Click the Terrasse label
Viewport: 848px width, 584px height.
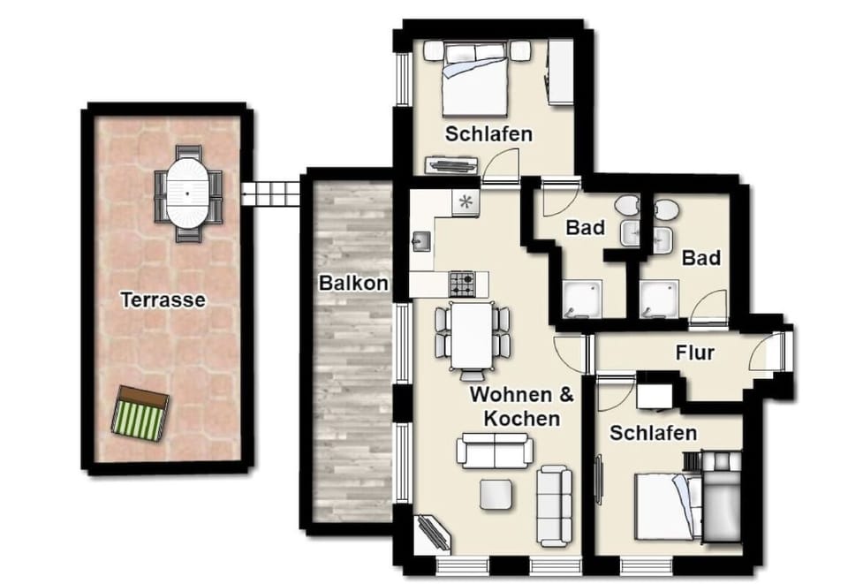point(163,300)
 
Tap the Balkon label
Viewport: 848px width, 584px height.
point(353,284)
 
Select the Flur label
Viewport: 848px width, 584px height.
point(694,353)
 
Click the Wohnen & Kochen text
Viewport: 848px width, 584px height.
point(521,406)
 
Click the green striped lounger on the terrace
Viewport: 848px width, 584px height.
point(140,413)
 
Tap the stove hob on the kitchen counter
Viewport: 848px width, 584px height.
point(463,283)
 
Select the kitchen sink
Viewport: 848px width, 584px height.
point(421,239)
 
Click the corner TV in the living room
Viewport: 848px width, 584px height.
point(435,533)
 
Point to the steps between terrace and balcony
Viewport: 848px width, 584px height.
point(272,193)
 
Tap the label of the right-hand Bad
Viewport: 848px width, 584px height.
point(701,258)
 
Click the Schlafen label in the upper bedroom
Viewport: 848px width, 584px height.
point(488,134)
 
